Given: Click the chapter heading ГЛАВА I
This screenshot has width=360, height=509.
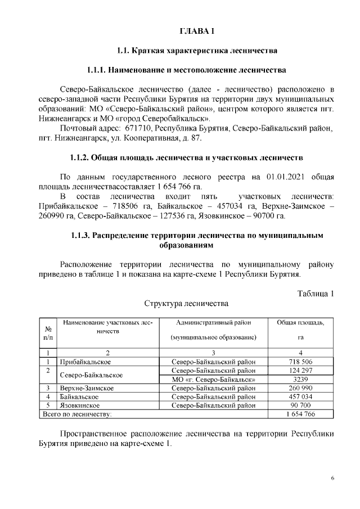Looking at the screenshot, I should click(197, 30).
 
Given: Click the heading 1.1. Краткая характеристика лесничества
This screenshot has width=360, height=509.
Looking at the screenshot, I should click(197, 51).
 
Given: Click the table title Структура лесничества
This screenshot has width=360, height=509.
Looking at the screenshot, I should click(186, 304).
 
